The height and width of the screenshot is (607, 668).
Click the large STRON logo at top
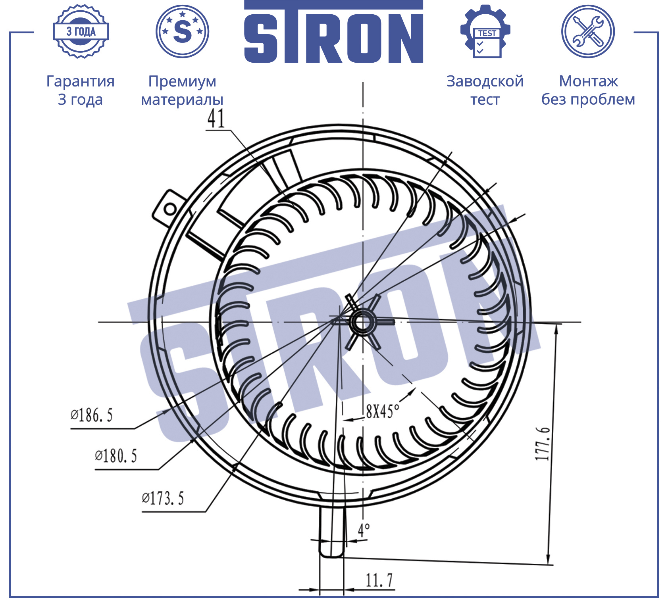pyautogui.click(x=333, y=32)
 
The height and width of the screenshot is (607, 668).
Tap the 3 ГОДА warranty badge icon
pyautogui.click(x=81, y=31)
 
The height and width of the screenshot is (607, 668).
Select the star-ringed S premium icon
pyautogui.click(x=182, y=31)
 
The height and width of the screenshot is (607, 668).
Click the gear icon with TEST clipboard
pyautogui.click(x=485, y=31)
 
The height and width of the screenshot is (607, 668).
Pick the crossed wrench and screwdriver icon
pyautogui.click(x=588, y=31)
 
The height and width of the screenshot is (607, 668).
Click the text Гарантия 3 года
pyautogui.click(x=81, y=90)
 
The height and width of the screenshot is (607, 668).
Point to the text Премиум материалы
pyautogui.click(x=182, y=90)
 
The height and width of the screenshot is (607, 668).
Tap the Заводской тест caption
pyautogui.click(x=485, y=90)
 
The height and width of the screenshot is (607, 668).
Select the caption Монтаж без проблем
pyautogui.click(x=588, y=90)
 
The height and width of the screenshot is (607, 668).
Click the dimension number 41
pyautogui.click(x=216, y=118)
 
